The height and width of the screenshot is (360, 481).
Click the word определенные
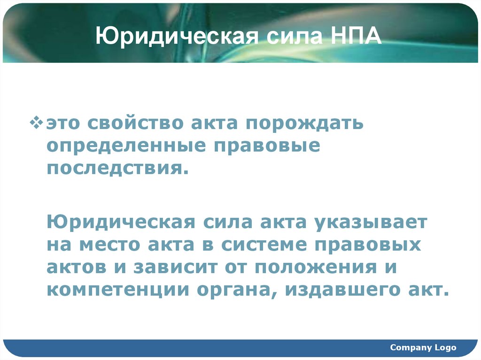coord(126,146)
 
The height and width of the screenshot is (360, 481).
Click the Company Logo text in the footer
coord(423,347)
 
